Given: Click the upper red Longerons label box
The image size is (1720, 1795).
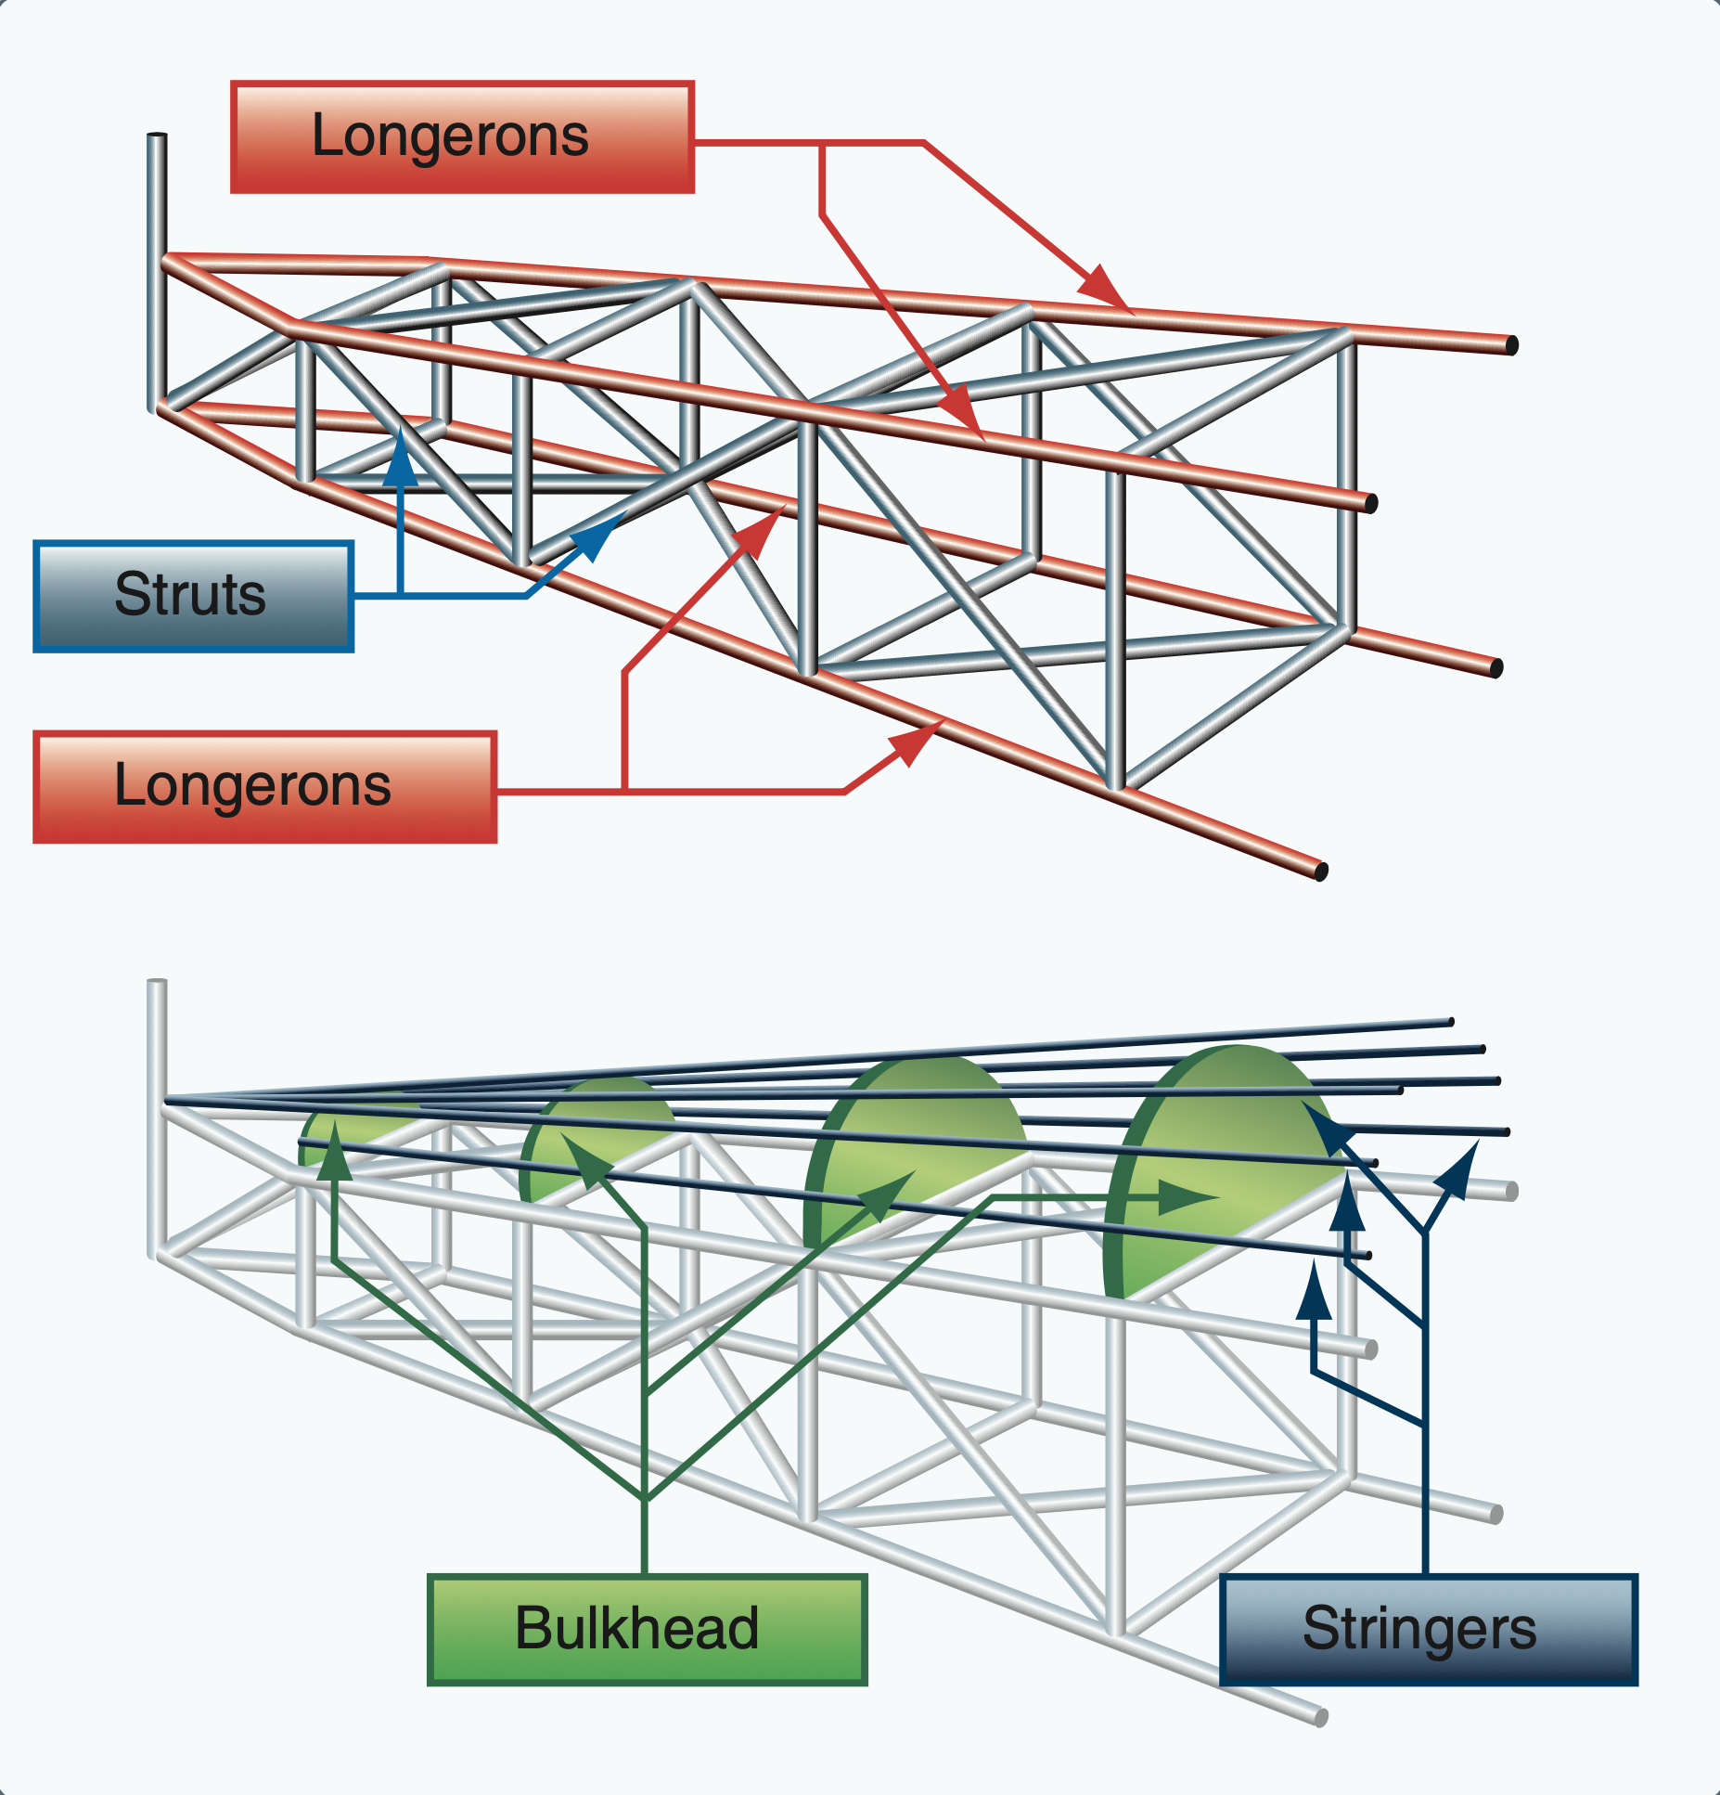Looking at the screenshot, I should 462,137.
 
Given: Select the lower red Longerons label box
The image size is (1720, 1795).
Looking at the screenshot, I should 264,787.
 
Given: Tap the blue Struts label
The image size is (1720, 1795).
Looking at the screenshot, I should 193,596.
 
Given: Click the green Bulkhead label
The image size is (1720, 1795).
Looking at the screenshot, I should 647,1629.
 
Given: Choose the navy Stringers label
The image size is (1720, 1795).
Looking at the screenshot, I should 1429,1629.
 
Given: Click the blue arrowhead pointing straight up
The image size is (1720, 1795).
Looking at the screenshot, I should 401,457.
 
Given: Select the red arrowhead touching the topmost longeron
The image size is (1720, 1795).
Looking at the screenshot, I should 1104,287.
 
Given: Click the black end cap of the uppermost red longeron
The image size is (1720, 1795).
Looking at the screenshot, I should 1511,346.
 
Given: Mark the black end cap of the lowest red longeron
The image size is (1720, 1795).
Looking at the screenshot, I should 1322,871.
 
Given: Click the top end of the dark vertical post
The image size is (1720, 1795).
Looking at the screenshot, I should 157,137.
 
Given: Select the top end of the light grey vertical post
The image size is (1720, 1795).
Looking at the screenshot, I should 157,982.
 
